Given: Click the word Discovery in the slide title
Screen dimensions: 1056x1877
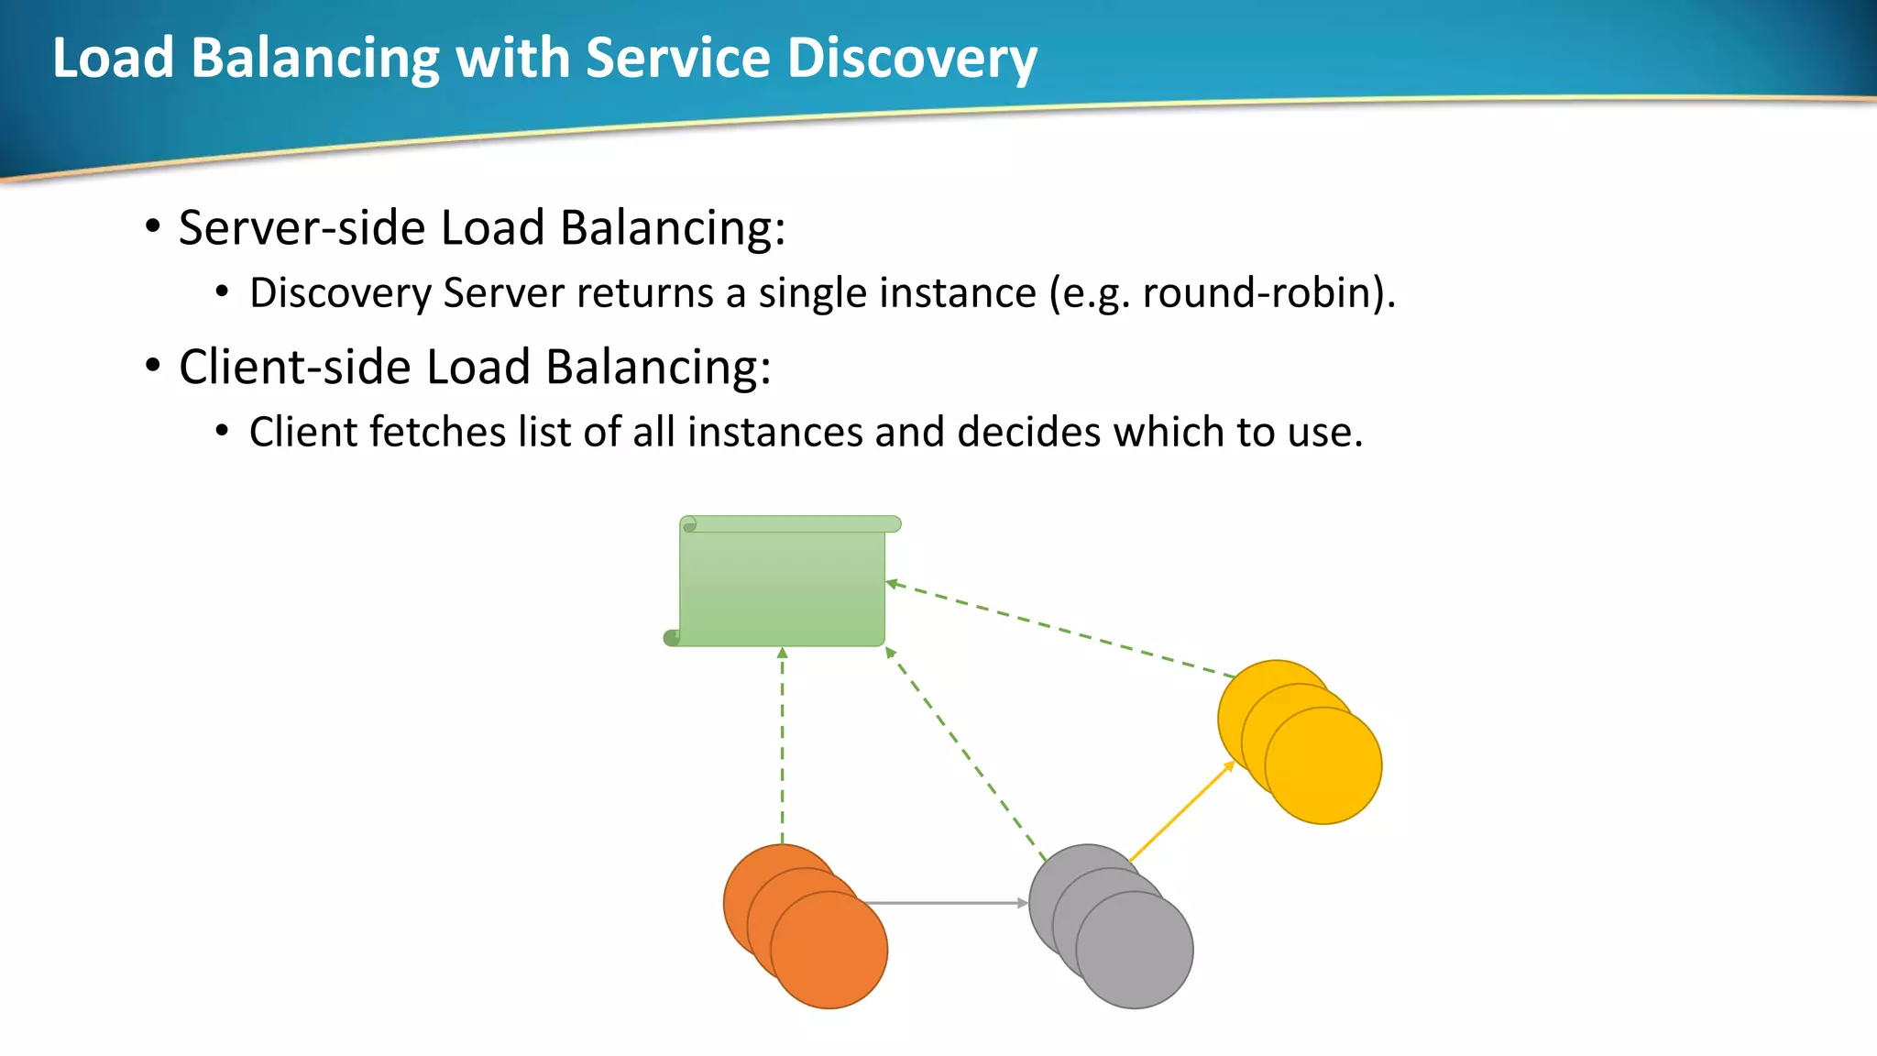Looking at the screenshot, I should tap(911, 58).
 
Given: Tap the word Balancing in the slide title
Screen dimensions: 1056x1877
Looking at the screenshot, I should tap(315, 60).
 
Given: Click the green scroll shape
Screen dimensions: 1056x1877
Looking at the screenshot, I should tap(782, 587).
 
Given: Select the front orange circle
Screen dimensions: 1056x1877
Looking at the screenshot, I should tap(830, 953).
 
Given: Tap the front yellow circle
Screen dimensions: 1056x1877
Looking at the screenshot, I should tap(1325, 768).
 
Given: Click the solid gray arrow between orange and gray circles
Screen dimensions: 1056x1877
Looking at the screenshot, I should tap(944, 903).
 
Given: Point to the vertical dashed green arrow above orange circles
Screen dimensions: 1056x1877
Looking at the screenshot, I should tap(782, 742).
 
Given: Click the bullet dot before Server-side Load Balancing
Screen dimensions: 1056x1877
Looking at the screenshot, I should tap(153, 225).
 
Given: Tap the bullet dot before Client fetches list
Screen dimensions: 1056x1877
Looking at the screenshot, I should tap(222, 431).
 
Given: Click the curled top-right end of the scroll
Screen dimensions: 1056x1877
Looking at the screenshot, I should tap(893, 524).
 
